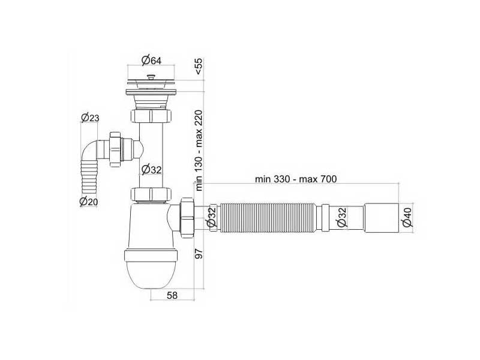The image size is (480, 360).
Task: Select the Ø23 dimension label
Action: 90,118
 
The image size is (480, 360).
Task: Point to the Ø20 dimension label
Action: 89,202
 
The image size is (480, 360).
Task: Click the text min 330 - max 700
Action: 295,179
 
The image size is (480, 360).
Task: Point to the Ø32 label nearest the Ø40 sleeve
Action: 340,217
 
